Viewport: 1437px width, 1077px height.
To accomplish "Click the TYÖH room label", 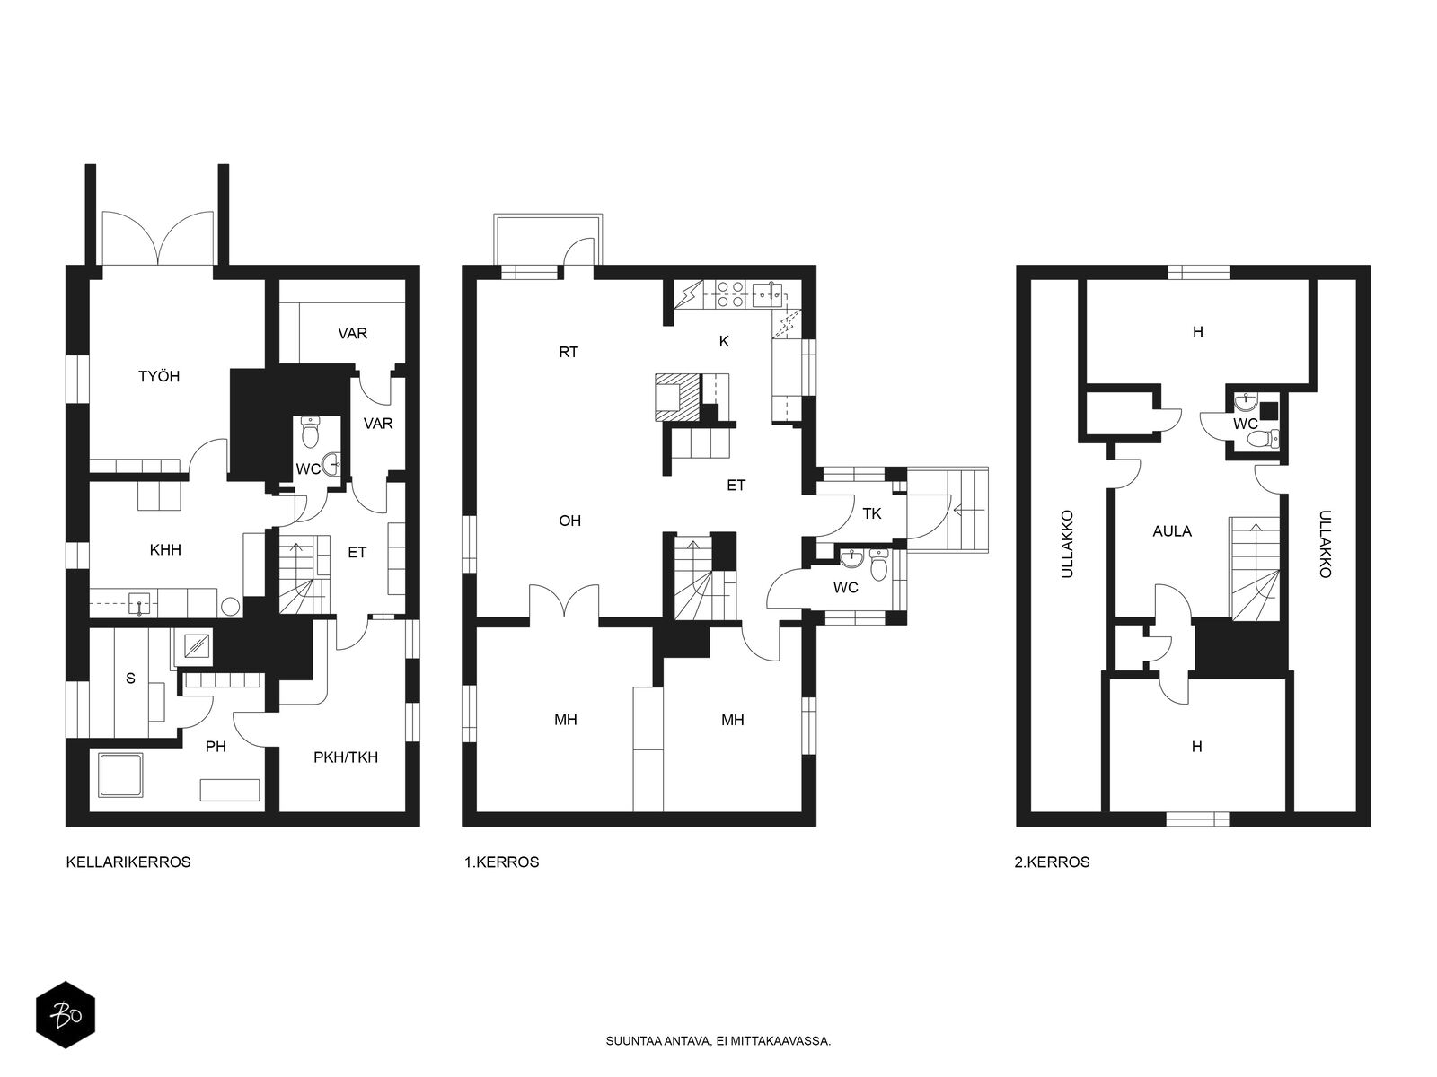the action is (x=158, y=376).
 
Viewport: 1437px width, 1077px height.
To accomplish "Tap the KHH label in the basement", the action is (x=165, y=550).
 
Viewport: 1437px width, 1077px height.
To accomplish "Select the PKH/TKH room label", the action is (x=346, y=757).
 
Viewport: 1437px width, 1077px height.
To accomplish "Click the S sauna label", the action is (x=130, y=679).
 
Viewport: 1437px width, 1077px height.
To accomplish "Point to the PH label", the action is (x=216, y=746).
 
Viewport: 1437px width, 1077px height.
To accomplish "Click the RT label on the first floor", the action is (x=569, y=352).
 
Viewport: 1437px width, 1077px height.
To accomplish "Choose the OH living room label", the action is (x=569, y=521).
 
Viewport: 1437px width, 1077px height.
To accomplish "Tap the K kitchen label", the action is (x=723, y=341).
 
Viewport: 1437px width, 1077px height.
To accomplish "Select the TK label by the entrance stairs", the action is (x=871, y=514).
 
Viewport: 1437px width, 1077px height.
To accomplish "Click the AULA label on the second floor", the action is (x=1172, y=531).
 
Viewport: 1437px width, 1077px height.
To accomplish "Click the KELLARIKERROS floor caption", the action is (x=128, y=862).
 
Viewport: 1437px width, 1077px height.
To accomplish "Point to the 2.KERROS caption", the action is (x=1052, y=862).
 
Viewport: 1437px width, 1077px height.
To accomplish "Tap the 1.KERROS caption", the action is (x=501, y=862).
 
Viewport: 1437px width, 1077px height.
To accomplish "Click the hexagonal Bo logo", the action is (x=66, y=1015).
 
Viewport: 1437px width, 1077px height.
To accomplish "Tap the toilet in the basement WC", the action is (x=310, y=433).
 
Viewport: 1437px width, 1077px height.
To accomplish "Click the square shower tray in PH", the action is (x=120, y=775).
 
